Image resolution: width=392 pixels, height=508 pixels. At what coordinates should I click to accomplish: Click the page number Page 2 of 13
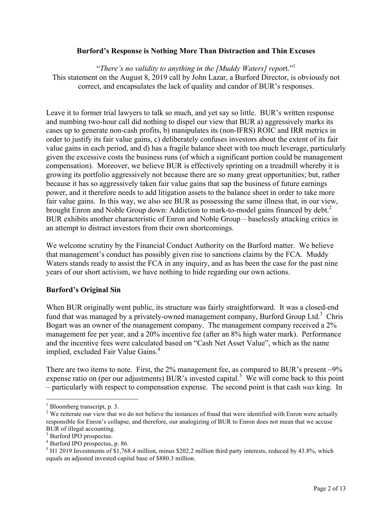(330, 488)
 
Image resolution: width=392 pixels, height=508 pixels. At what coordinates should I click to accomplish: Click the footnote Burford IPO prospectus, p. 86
(89, 444)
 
